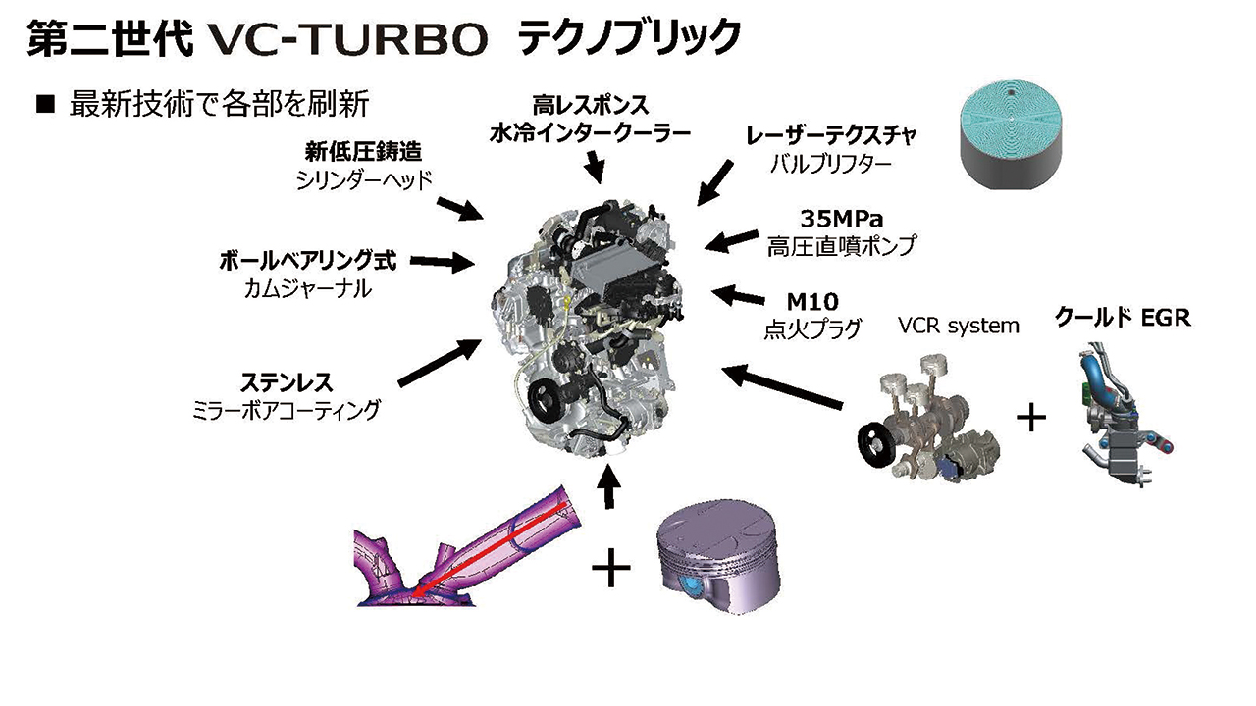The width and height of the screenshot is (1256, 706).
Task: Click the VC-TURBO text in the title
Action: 343,38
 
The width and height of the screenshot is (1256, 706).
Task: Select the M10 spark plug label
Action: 812,302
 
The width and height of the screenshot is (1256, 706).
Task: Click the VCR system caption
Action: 959,326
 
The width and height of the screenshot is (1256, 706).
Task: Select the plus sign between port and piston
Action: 610,567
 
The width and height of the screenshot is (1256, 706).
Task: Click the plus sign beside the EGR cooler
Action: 1031,418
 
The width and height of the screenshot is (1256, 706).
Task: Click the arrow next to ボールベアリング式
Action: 443,262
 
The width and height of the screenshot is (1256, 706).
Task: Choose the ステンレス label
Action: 287,383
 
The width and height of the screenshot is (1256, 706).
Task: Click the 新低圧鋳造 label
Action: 363,151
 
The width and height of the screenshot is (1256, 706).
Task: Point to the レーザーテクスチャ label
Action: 830,135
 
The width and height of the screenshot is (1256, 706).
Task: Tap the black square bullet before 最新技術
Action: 45,104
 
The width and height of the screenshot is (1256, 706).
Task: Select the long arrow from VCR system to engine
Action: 782,386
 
